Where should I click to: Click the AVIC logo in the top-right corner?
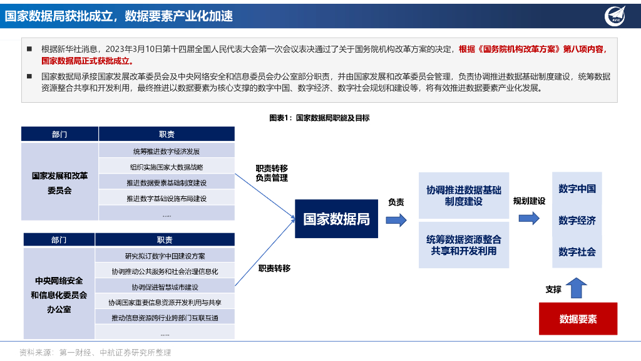coord(617,16)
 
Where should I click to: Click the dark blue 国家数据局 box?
coord(336,219)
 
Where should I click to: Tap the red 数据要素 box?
coord(578,319)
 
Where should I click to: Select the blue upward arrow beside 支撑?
coord(577,288)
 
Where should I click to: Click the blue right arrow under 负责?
coord(396,219)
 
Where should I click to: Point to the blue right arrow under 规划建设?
coord(529,218)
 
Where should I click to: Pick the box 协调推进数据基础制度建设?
coord(464,196)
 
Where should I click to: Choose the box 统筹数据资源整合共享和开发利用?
coord(464,245)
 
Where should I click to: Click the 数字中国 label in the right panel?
coord(577,189)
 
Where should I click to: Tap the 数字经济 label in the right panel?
coord(577,221)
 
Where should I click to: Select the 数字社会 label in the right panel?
coord(577,252)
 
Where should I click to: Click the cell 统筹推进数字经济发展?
coord(167,151)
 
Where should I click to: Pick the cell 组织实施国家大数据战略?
coord(167,167)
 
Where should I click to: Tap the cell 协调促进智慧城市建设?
coord(165,287)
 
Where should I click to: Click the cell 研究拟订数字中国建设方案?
coord(165,256)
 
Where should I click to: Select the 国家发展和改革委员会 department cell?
coord(60,182)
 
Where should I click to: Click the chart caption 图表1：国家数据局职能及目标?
coord(319,118)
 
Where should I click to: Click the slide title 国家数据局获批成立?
coord(119,16)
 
